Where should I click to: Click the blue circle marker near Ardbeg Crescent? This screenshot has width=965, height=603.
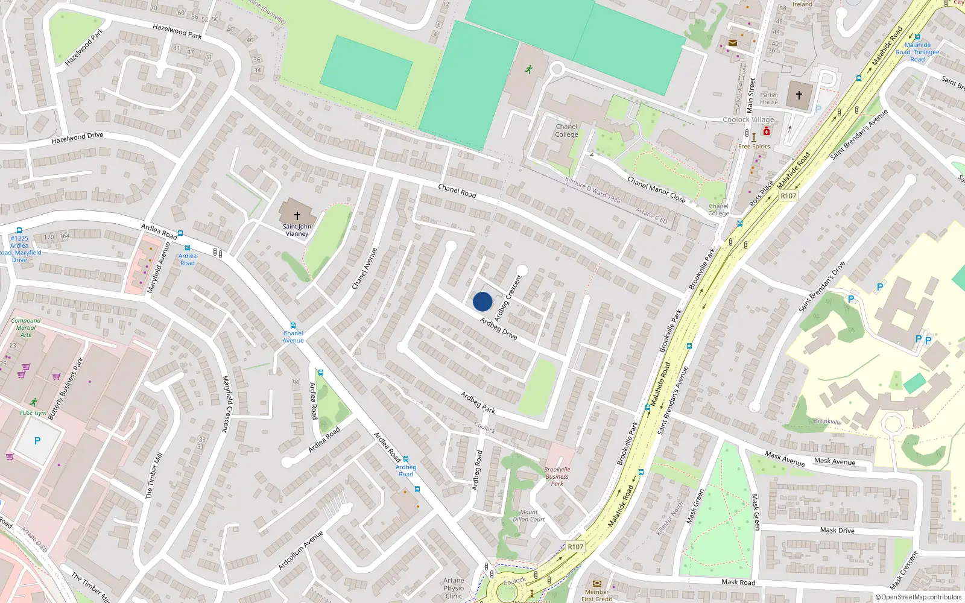point(482,301)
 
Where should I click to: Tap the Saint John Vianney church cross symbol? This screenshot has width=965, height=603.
point(297,215)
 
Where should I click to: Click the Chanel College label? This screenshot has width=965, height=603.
point(566,130)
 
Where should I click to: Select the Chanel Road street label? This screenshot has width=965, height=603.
point(457,191)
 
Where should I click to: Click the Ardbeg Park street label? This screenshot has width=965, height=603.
point(478,402)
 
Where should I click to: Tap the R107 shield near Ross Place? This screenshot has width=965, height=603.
point(788,195)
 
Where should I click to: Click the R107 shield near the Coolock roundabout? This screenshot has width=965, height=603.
point(575,547)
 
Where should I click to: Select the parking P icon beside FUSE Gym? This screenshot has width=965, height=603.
point(37,441)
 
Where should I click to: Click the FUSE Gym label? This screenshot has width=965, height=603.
point(33,413)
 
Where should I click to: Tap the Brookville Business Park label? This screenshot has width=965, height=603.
point(557,476)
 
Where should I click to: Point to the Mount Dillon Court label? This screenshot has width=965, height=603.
point(529,516)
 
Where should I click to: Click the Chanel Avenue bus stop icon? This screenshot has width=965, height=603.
point(293,326)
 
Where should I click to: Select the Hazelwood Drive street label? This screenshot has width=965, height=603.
point(77,138)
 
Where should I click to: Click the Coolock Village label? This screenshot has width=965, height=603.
point(748,119)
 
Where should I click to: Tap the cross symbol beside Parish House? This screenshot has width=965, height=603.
point(799,95)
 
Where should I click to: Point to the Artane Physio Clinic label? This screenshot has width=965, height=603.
point(454,588)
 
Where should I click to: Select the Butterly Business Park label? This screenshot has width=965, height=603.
point(66,388)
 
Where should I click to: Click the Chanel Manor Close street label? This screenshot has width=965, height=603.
point(656,189)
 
